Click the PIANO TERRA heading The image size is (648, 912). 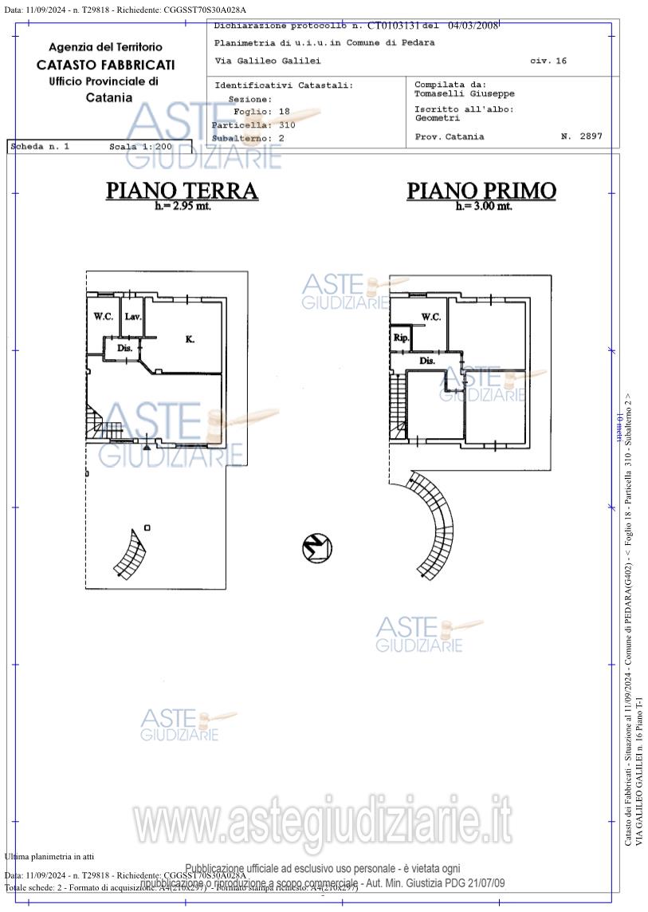pos(183,191)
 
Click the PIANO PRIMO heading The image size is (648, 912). pos(481,191)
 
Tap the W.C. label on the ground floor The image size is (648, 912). pos(103,317)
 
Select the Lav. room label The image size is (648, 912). pos(132,317)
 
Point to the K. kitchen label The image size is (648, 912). pos(190,339)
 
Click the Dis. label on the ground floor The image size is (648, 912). pos(124,348)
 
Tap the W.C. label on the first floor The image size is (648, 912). pos(430,317)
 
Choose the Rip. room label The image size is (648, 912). pos(400,338)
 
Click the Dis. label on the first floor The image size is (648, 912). pos(427,361)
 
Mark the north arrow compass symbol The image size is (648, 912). pos(317,548)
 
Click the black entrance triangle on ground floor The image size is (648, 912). pos(147,446)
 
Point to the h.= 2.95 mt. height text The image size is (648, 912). pos(183,206)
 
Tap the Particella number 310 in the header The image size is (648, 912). pos(287,125)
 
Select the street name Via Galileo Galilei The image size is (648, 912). pos(268,61)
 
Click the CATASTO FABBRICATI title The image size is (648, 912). pos(105,65)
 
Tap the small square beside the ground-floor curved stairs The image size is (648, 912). pos(147,527)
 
